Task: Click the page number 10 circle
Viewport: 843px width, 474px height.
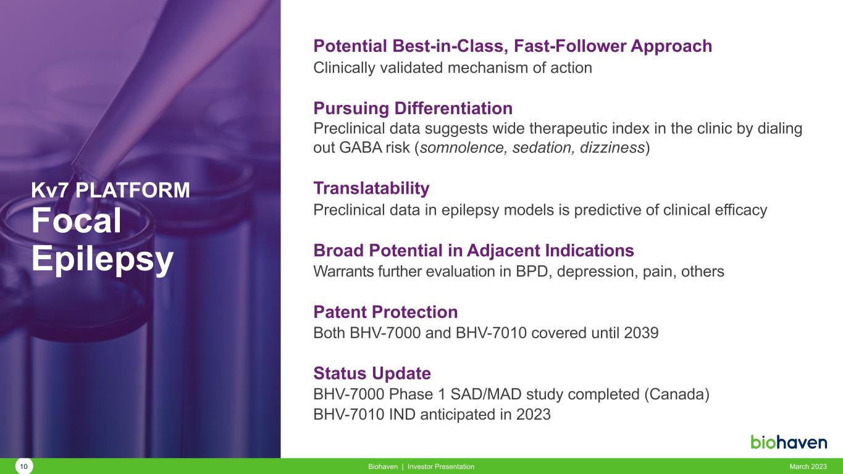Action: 23,467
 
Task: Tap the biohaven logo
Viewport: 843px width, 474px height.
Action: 789,442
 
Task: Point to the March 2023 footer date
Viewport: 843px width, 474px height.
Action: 808,467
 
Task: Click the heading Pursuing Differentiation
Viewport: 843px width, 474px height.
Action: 413,109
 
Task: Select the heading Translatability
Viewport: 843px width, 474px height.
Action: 371,188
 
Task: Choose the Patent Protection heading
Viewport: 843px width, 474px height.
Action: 385,312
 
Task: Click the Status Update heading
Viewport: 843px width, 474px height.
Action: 372,373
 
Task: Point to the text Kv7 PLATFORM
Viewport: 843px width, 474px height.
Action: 111,190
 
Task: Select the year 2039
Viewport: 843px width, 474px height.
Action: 641,333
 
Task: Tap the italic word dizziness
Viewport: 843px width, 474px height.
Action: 612,148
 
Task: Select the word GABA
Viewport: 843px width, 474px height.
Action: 360,148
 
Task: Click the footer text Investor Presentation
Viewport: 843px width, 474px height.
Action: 441,467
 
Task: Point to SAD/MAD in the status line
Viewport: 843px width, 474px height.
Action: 486,394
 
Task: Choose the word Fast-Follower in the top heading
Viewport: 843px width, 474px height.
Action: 570,46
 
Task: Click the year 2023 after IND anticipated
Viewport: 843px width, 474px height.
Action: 533,415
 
